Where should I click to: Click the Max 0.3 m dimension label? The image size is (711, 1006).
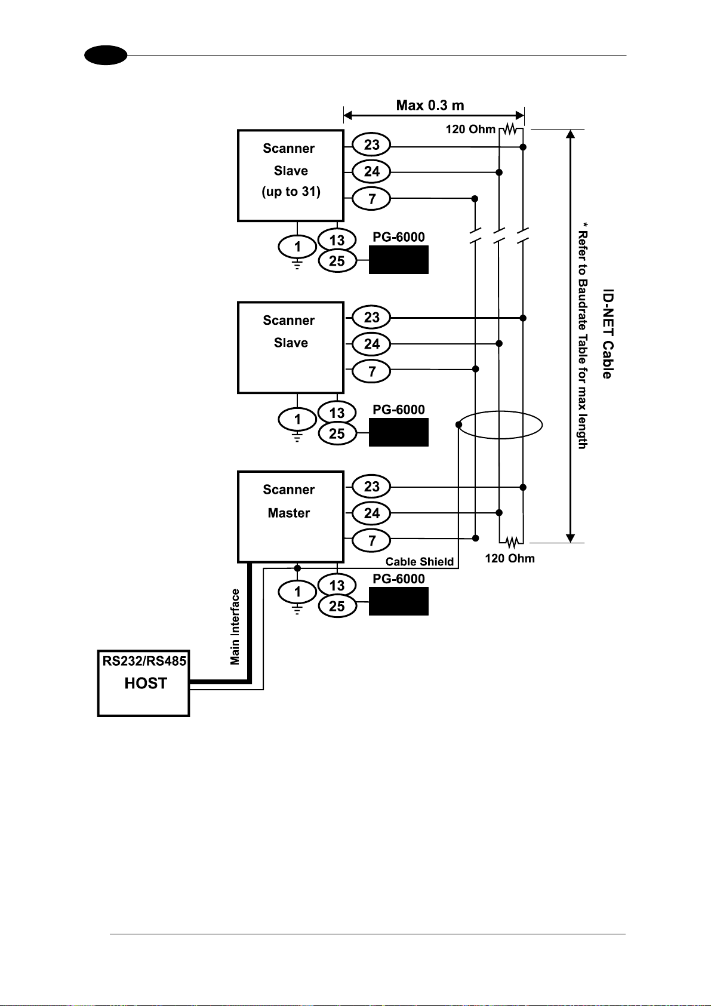point(430,105)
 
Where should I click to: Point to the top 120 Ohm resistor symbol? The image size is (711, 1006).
point(510,130)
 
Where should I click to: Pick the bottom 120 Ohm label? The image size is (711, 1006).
point(510,558)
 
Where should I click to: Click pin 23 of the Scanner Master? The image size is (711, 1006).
point(371,487)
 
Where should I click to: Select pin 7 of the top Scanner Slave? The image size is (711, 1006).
point(371,198)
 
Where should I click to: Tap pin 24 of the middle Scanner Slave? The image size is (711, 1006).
point(371,344)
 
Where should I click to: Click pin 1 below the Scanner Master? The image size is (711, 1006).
point(297,592)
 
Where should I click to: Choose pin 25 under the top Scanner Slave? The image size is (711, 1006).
point(337,260)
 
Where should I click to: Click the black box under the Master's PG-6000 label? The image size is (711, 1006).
point(398,601)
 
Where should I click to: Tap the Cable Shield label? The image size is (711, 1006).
point(420,562)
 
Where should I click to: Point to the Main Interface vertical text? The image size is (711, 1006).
point(235,627)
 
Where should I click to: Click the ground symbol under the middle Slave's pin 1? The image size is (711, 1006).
point(297,436)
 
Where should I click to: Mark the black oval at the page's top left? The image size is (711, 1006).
point(106,56)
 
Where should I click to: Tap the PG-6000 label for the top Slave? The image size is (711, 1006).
point(398,236)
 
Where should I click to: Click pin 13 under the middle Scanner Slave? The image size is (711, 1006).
point(337,413)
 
